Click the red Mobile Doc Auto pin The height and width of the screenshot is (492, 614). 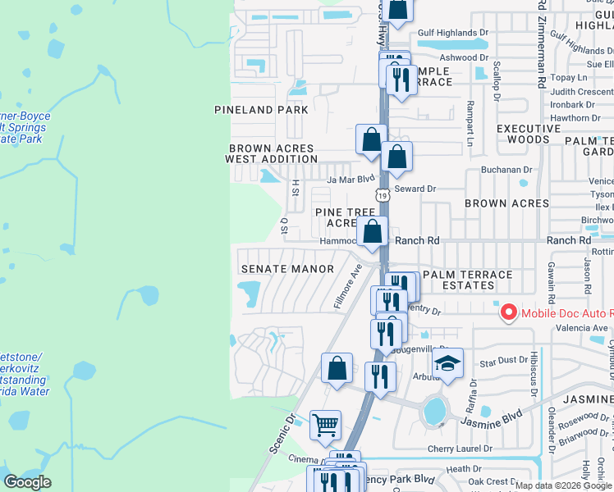pos(507,312)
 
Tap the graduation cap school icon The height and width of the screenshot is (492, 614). pos(447,363)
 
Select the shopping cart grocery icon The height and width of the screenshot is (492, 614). pos(326,425)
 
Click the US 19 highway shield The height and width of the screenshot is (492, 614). pos(383,195)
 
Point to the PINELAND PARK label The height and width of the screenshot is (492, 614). pos(261,110)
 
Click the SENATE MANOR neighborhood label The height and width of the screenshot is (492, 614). pos(287,269)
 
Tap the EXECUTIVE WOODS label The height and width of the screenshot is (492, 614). pos(529,134)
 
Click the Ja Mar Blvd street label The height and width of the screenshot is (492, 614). pos(351,179)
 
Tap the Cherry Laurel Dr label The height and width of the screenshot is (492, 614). pos(460,449)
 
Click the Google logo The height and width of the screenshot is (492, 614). pos(28,481)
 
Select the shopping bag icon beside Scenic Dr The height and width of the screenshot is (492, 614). pos(337,368)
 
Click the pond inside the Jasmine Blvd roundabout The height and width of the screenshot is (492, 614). pos(435,410)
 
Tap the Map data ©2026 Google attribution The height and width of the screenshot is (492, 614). pos(555,485)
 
